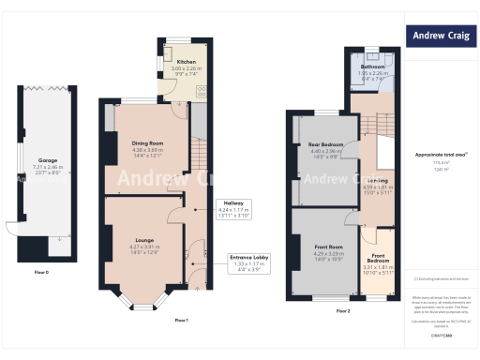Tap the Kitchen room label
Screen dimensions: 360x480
click(186, 61)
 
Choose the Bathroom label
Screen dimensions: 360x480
click(372, 67)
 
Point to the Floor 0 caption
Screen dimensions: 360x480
click(40, 272)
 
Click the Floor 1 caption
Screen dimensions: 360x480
click(182, 321)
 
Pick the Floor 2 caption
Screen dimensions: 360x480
click(342, 310)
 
